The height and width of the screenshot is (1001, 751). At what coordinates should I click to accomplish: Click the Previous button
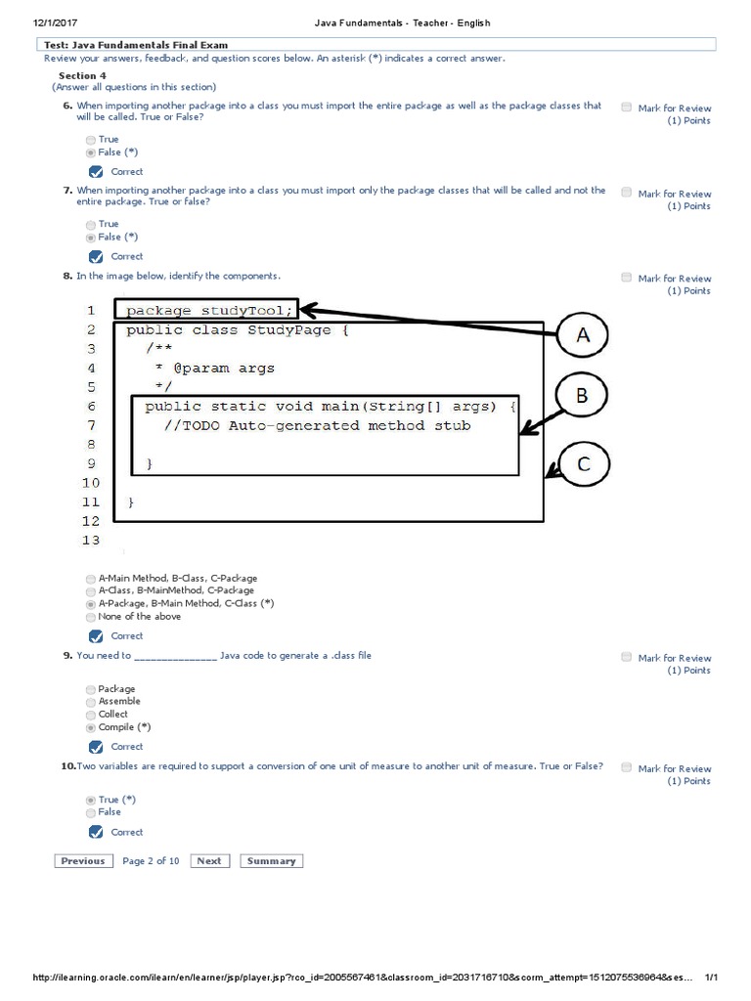(x=82, y=861)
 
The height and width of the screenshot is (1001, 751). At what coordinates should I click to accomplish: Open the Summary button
(x=271, y=861)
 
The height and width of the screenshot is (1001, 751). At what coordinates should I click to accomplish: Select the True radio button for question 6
(x=91, y=140)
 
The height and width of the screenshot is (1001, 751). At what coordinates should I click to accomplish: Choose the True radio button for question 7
(x=91, y=225)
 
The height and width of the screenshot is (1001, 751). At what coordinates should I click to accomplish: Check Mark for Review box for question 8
(x=626, y=278)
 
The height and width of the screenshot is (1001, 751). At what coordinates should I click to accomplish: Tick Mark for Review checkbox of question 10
(x=626, y=767)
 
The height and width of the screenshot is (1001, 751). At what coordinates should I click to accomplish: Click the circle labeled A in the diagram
(x=583, y=336)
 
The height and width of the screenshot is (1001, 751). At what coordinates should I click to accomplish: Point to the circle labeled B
(x=582, y=396)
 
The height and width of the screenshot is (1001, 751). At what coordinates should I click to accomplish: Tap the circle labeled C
(x=583, y=465)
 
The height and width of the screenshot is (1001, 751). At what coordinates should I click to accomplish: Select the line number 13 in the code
(x=92, y=540)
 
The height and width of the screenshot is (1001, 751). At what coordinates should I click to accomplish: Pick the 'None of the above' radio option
(x=91, y=617)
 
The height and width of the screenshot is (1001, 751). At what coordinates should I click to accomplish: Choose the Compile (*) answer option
(x=91, y=727)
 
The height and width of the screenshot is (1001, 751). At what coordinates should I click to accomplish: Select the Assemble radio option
(x=91, y=702)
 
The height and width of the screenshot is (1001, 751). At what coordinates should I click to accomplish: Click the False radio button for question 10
(x=91, y=812)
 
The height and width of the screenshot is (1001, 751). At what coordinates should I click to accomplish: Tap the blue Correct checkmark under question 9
(x=96, y=747)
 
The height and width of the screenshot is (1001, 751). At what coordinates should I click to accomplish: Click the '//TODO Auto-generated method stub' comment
(x=318, y=425)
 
